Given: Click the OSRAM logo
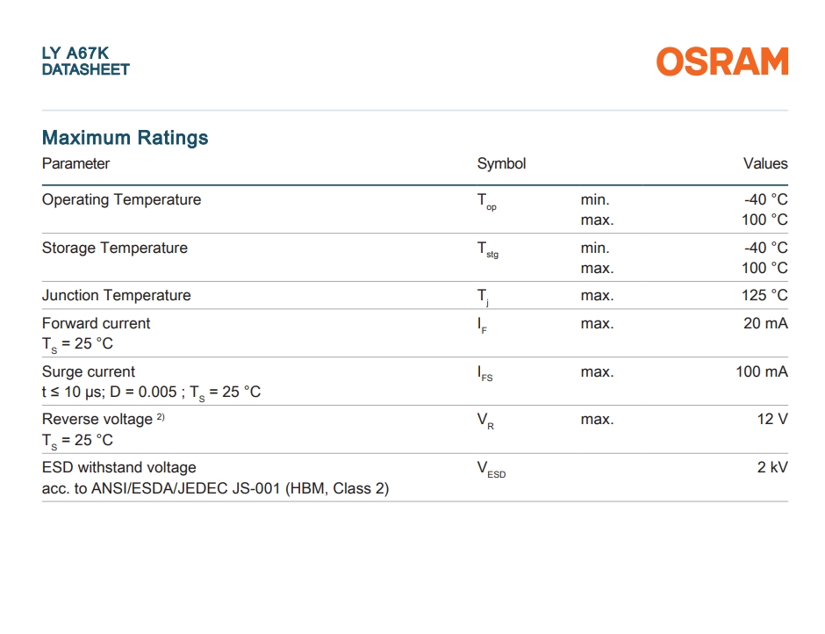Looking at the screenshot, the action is point(722,61).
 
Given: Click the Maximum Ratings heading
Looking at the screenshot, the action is point(126,138).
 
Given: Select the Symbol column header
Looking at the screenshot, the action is point(501,163).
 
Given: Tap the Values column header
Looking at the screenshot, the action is point(765,163).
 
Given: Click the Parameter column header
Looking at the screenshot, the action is point(75,163).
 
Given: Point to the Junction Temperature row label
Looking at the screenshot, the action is point(116,295).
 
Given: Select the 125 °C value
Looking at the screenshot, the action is point(764,295).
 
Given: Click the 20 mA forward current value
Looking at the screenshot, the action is point(765,323).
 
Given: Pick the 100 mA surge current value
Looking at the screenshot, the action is point(762,371).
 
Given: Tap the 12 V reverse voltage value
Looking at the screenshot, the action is point(772,419).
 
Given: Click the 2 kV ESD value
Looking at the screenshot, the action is point(772,467).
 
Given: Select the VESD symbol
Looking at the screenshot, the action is point(491,469).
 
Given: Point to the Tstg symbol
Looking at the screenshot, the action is point(488,249).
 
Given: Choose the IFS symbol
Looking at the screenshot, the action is point(485,373).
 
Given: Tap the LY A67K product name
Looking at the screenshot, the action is point(75,54).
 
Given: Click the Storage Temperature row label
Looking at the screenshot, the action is point(115,248).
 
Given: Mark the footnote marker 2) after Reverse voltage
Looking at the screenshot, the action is point(161,416).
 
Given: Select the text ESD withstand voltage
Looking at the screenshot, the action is point(118,468).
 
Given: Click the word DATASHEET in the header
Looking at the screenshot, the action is point(86,69).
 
